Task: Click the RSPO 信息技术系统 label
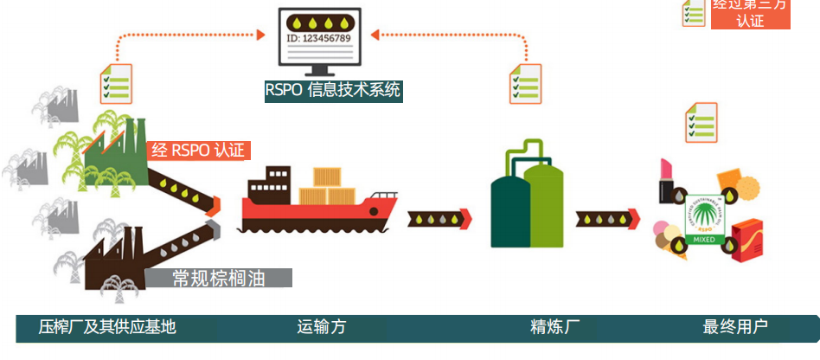coord(333,90)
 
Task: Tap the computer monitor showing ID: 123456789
coord(318,39)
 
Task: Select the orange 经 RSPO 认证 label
coord(199,150)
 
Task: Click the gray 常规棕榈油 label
coord(218,278)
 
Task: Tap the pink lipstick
coord(668,179)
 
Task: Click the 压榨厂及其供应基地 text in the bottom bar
coord(107,327)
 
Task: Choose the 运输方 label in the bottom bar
coord(321,327)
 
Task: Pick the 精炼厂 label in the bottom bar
coord(554,327)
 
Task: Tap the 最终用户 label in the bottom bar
coord(735,327)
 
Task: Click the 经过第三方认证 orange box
coord(750,14)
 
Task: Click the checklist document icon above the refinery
coord(525,84)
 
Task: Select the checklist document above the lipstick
coord(701,122)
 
